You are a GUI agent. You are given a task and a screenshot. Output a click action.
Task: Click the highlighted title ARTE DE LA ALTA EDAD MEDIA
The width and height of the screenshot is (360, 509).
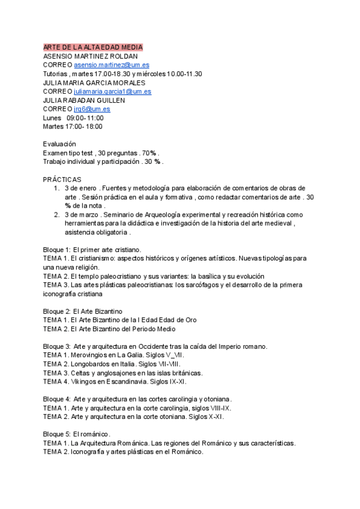[93, 47]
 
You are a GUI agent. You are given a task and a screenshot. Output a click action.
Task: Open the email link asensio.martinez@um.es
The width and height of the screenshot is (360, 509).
[112, 65]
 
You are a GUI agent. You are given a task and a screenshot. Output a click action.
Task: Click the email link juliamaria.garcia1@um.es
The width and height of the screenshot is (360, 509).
[112, 92]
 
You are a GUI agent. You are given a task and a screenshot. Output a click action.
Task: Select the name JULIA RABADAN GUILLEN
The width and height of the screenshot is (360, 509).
[83, 100]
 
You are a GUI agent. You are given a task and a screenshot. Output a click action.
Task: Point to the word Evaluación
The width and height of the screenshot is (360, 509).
[59, 144]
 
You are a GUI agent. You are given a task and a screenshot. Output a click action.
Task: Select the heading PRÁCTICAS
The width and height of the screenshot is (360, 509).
[62, 179]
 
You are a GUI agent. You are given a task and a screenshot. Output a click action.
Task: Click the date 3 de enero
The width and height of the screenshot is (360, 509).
[80, 188]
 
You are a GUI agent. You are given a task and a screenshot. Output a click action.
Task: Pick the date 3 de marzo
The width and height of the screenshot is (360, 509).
[81, 215]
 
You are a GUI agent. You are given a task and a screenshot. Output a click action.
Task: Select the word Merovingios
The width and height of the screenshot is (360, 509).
[90, 355]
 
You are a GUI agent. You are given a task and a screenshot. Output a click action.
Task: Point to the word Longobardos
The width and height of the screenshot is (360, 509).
[91, 364]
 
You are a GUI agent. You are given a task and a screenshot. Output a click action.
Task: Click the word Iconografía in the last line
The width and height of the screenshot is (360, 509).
[90, 452]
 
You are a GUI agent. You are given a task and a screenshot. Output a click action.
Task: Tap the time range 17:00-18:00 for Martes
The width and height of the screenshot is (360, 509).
[84, 127]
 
